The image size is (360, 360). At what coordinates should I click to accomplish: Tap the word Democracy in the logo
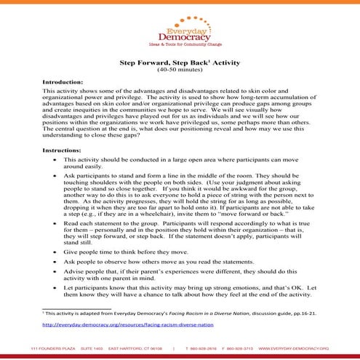(180, 34)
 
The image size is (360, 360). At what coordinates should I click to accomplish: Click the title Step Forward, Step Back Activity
(180, 64)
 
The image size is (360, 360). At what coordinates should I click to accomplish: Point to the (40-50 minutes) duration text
(180, 72)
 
